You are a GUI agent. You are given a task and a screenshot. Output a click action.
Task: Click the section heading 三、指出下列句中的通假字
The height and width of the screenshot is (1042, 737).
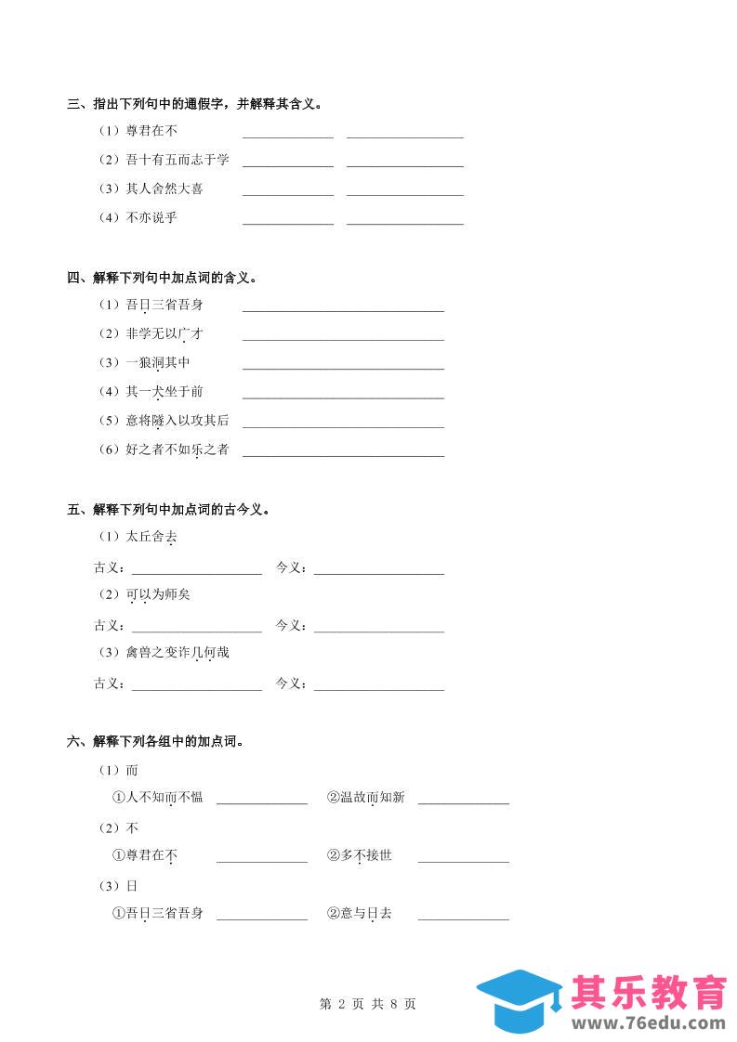click(195, 104)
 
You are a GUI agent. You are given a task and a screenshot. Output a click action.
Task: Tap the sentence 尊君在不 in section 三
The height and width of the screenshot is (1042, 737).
click(151, 132)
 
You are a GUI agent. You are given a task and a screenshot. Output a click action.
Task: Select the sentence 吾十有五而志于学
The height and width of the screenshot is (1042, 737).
click(178, 161)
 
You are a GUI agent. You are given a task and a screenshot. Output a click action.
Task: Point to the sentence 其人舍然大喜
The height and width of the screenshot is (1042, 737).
click(165, 189)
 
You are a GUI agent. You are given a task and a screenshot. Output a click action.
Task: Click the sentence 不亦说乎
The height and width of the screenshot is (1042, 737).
click(151, 218)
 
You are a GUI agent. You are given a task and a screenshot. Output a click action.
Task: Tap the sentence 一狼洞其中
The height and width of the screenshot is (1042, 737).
click(158, 363)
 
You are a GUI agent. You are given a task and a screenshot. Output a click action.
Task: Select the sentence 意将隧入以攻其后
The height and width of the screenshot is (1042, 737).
click(178, 421)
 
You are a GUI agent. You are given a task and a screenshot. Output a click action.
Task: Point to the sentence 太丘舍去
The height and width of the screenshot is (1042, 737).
click(151, 538)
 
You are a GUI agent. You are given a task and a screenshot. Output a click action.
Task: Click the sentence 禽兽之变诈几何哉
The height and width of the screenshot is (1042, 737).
click(178, 653)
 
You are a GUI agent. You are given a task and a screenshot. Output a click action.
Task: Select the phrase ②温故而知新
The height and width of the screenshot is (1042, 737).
click(365, 798)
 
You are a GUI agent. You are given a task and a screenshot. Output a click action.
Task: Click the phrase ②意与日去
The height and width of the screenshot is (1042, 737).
click(359, 914)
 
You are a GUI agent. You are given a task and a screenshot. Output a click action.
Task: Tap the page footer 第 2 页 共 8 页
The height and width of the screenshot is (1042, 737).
click(368, 1004)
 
